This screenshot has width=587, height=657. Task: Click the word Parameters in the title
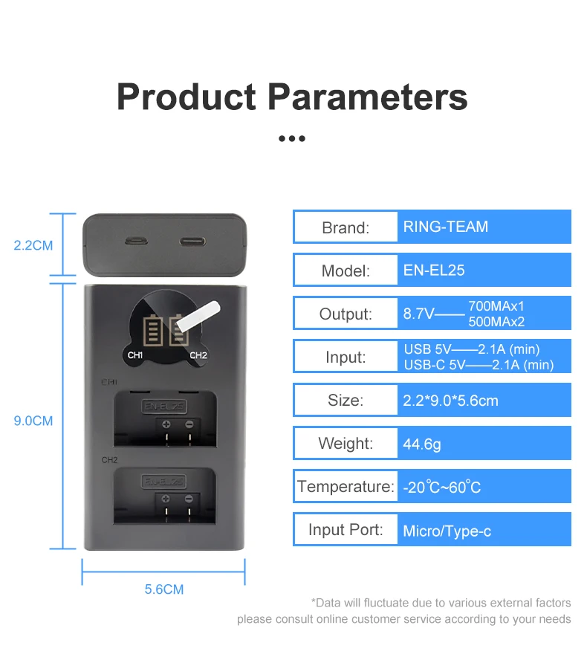coord(367,98)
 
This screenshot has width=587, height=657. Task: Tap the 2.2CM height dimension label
coord(33,245)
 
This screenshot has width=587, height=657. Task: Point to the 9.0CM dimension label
coord(33,421)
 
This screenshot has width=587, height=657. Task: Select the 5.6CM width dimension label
coord(163,589)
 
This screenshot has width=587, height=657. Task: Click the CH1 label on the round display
coord(135,355)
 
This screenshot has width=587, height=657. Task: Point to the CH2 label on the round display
coord(198,355)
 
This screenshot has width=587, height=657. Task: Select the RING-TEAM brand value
coord(446,227)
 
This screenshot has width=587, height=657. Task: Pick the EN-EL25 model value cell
coord(434,270)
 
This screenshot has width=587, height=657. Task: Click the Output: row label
coord(346,314)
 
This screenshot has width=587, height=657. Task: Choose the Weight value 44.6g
coord(422,444)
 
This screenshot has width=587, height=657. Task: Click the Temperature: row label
coord(346,487)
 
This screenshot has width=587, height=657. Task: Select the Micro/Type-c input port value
coord(447,531)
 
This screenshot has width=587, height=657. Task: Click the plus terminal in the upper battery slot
coord(166,424)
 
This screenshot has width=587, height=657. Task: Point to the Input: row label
coord(346,357)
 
